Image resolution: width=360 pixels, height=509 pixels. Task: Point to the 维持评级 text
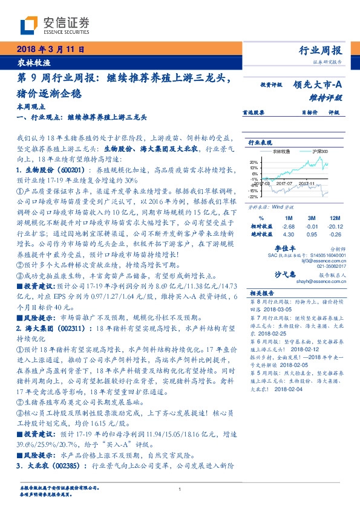[330, 97]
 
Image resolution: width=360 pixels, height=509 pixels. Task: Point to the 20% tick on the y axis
[253, 163]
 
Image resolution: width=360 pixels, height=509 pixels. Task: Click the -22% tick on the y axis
[253, 196]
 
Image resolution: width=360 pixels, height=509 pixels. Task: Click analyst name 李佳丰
[284, 248]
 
